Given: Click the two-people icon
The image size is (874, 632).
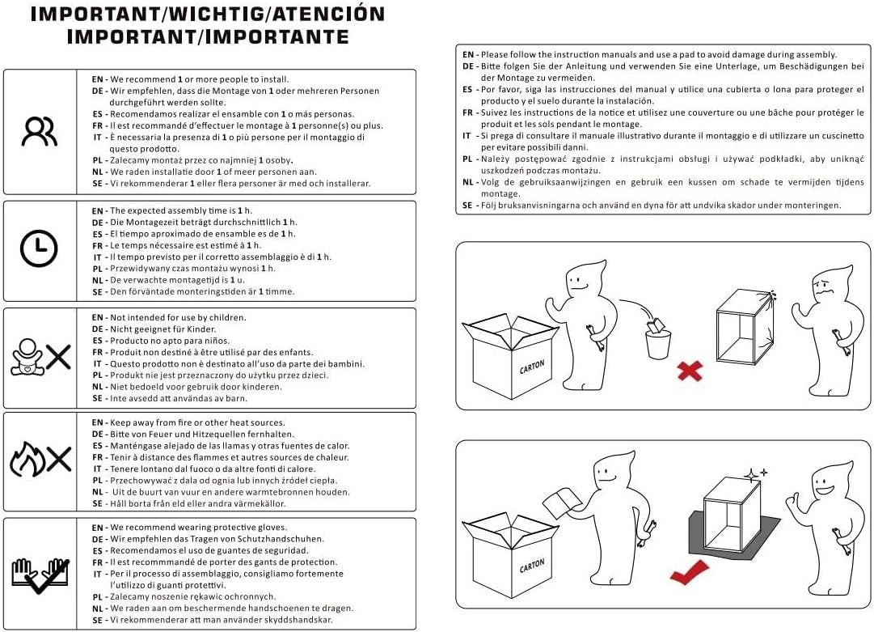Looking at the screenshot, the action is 39,131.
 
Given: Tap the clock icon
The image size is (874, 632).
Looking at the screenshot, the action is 39,248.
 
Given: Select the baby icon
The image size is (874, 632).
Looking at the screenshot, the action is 26,357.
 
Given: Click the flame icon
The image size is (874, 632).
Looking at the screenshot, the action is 27,459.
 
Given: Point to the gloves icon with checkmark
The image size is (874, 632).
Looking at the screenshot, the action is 40,575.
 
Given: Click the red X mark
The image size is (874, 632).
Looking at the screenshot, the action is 690,371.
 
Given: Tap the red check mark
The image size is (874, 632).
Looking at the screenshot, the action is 690,573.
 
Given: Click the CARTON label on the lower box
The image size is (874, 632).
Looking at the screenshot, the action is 532,566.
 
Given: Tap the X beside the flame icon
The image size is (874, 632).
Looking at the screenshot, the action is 59,459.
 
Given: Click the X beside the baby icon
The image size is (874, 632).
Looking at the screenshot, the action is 58,357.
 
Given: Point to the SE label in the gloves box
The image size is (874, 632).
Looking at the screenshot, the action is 98,621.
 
